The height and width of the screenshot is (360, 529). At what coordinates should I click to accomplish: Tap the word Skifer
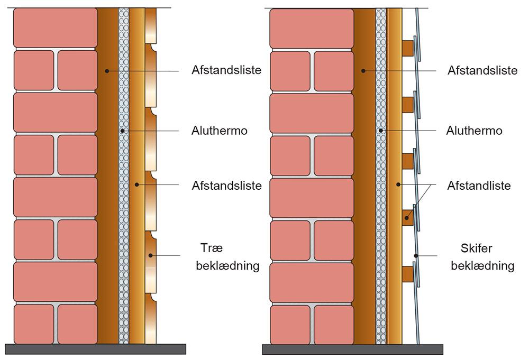tap(477, 248)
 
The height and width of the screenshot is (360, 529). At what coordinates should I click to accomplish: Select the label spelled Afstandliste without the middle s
tap(479, 186)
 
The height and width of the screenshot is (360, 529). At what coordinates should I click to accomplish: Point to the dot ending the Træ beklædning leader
tap(151, 256)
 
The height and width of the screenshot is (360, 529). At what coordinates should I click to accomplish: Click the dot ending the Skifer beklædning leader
tap(417, 256)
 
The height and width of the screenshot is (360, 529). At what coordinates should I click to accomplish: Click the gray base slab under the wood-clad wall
tap(95, 349)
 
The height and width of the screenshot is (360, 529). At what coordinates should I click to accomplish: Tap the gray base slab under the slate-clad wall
tap(352, 349)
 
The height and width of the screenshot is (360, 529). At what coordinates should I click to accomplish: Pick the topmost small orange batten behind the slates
tap(407, 48)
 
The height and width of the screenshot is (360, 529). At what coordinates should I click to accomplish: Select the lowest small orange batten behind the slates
tap(407, 274)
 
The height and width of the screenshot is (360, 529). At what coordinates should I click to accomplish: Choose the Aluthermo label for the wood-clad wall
tap(219, 131)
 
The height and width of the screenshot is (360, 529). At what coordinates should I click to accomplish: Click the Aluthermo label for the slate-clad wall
tap(475, 131)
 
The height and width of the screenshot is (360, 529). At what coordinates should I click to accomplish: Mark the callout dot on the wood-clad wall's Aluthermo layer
tap(122, 130)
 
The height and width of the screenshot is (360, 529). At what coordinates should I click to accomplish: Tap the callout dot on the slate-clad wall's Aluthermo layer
tap(380, 130)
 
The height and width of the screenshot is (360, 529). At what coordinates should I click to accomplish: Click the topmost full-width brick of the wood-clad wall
tap(56, 28)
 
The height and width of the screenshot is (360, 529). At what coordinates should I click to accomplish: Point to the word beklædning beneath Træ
tap(227, 265)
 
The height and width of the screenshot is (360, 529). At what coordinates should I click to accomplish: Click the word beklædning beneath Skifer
tap(482, 265)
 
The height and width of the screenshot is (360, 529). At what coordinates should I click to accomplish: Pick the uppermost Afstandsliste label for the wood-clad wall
tap(226, 70)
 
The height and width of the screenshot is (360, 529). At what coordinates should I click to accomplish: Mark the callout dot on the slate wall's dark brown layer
tap(362, 70)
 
